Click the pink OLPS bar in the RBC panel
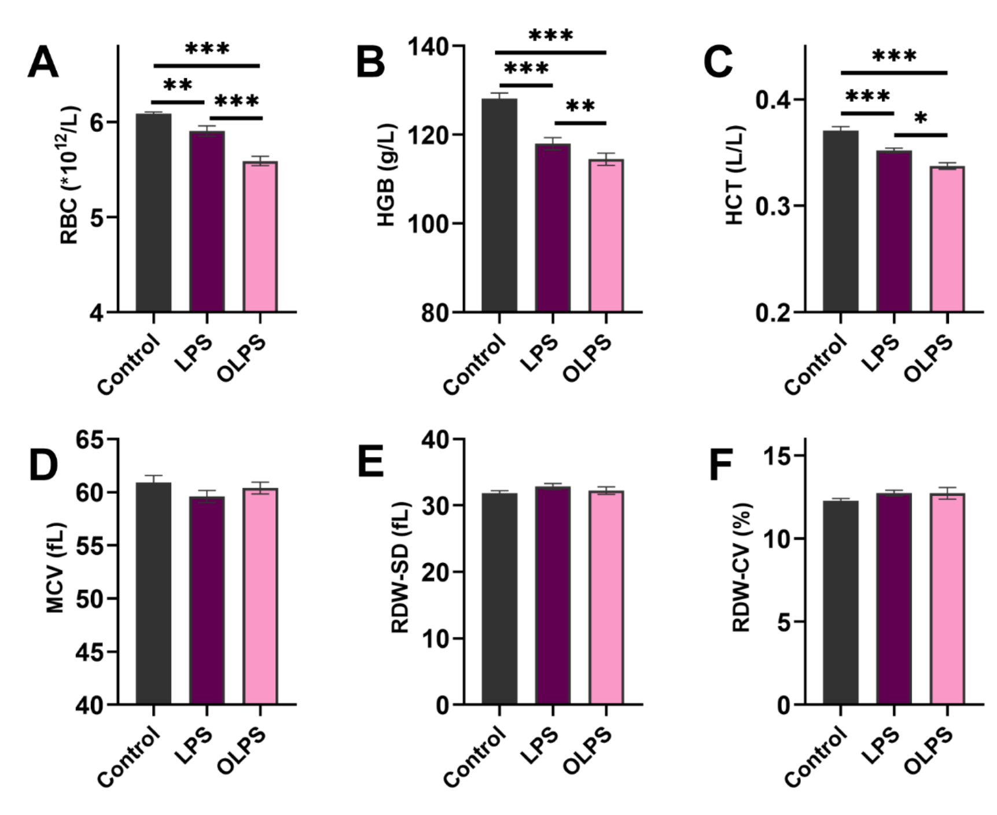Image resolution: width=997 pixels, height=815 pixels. coord(260,237)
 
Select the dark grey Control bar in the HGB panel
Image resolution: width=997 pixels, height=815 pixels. coord(499,205)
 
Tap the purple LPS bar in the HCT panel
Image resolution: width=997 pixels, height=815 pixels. coord(894,231)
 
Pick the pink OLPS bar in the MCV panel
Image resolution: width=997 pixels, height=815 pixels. coord(260,596)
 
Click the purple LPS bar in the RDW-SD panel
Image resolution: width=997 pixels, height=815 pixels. coord(553,596)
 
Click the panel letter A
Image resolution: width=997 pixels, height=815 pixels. coord(43,63)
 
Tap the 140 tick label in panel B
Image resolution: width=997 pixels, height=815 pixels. coord(429,46)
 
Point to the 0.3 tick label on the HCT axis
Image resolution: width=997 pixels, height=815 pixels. coord(773,206)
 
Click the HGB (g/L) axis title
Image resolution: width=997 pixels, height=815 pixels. coord(387,175)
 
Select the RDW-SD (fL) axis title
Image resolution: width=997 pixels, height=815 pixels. coord(400,568)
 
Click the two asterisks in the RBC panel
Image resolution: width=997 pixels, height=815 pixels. coord(178,86)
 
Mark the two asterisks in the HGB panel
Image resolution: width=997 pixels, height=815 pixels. coord(580,107)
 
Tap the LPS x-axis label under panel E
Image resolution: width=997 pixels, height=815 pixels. coord(540,745)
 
